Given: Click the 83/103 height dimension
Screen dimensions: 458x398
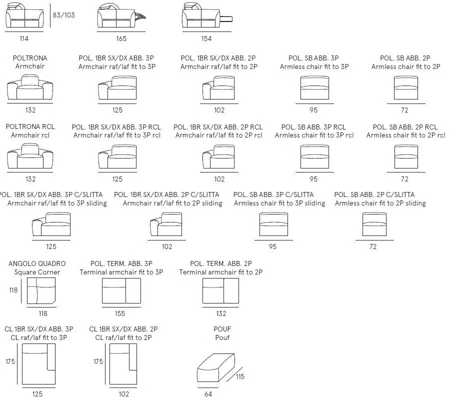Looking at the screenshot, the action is coord(63,15).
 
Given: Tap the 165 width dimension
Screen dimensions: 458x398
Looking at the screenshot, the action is coord(121,38).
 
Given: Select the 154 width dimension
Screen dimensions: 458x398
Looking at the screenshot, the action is coord(206,38).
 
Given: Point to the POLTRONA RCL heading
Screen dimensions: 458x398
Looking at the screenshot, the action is coord(30,126).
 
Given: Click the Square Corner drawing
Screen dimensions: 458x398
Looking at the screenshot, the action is coord(41,291).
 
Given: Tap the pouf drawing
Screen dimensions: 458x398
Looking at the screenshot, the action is coord(216,368).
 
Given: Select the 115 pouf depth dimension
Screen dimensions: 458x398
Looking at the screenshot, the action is coord(240,376).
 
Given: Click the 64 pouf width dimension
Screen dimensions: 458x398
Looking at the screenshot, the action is coord(208,394).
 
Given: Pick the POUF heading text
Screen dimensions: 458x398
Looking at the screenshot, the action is coord(222,329).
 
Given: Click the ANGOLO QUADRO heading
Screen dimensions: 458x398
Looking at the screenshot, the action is coord(37,263).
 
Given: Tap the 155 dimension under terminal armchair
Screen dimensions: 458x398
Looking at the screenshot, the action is coord(120,313).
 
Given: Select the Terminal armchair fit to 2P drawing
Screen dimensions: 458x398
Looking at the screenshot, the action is coord(221,291).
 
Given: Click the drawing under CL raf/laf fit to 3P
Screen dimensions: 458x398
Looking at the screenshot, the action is coord(38,364).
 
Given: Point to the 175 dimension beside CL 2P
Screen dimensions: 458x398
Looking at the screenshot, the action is coord(98,361).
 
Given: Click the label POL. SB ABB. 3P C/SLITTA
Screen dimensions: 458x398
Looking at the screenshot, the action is coord(273,194).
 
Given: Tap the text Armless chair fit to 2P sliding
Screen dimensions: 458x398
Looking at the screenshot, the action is coord(380,203).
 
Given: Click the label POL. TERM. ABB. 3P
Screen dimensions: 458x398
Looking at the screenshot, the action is coord(121,263).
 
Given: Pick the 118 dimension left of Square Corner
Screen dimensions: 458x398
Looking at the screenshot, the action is coord(13,290).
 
